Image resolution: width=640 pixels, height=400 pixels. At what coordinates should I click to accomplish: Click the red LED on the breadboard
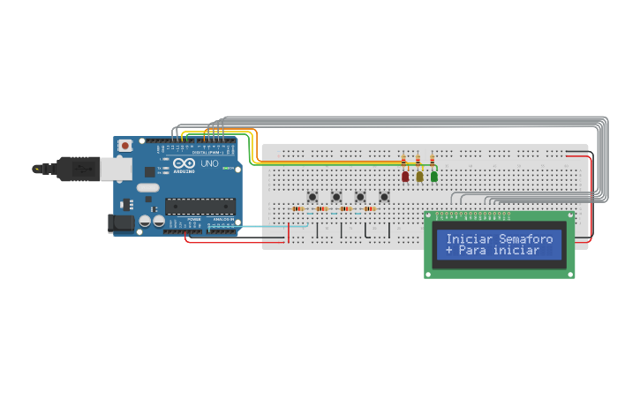pyautogui.click(x=405, y=176)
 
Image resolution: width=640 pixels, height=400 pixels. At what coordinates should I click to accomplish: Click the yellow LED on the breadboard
pyautogui.click(x=419, y=176)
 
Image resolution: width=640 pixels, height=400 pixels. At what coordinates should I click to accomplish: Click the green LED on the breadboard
pyautogui.click(x=433, y=176)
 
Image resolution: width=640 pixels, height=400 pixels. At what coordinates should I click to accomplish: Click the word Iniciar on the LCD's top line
pyautogui.click(x=469, y=239)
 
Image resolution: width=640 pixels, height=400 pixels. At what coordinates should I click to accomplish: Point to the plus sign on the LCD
pyautogui.click(x=449, y=251)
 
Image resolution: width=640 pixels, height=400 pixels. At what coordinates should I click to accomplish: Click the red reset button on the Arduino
pyautogui.click(x=125, y=145)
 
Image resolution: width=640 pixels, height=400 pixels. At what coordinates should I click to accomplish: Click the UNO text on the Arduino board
pyautogui.click(x=210, y=164)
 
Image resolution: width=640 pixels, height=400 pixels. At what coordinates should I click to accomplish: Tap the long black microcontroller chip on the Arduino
pyautogui.click(x=200, y=206)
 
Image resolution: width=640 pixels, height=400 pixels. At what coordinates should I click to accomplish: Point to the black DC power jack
pyautogui.click(x=121, y=223)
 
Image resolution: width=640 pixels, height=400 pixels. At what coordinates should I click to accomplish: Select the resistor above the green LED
pyautogui.click(x=433, y=161)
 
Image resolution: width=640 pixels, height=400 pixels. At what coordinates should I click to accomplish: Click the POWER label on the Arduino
pyautogui.click(x=193, y=219)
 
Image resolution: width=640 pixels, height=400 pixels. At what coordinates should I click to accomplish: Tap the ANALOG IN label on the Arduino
pyautogui.click(x=222, y=219)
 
